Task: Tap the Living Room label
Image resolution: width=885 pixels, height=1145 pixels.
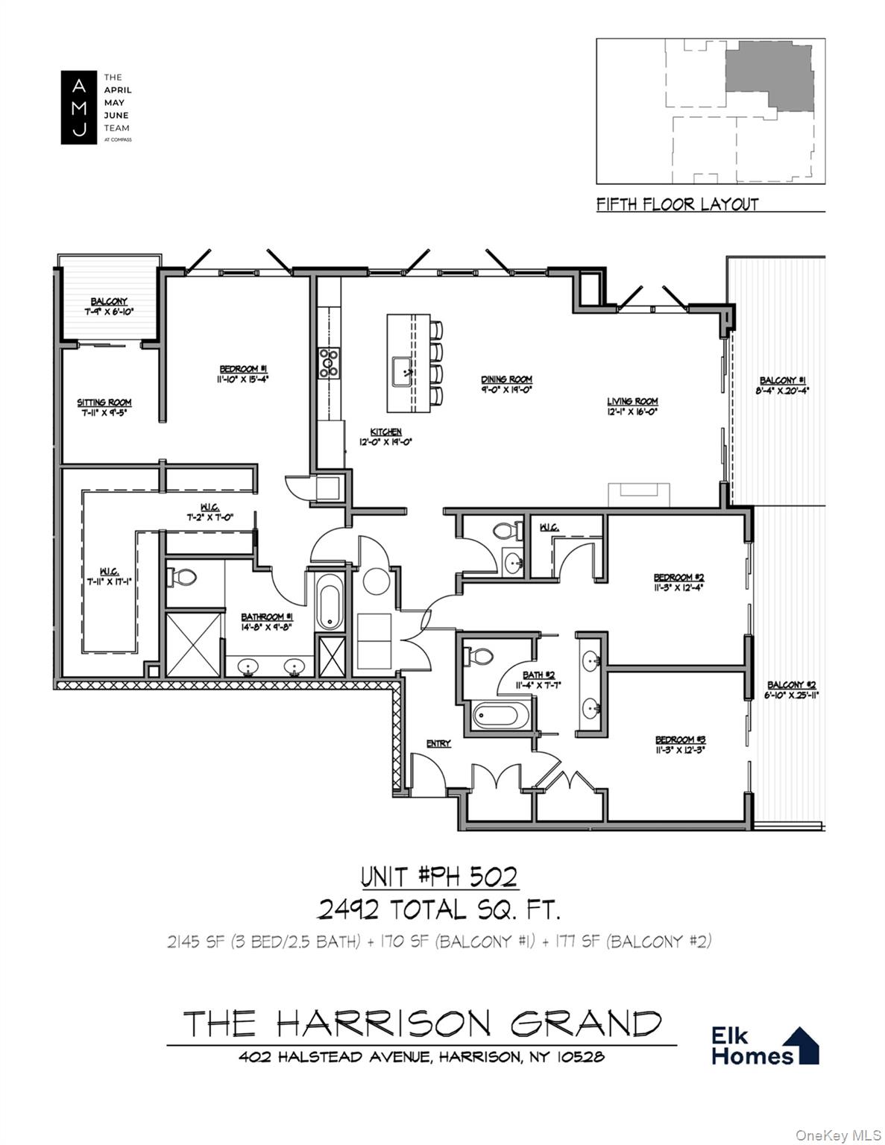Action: (x=632, y=402)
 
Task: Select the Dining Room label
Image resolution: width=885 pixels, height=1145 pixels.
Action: (x=506, y=380)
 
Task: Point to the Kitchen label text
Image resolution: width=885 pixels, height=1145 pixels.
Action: (x=386, y=432)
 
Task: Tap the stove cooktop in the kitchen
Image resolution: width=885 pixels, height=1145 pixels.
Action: (x=329, y=363)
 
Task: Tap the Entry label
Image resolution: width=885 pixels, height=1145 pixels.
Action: (x=438, y=743)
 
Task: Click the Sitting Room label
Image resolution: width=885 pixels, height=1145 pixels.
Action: (x=104, y=403)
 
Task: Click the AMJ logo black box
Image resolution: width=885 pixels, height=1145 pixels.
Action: (x=78, y=107)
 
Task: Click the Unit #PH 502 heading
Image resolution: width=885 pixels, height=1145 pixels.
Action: (x=438, y=877)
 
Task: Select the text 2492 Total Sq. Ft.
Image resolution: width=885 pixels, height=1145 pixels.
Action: (x=438, y=909)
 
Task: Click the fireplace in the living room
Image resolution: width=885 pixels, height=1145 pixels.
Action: (x=639, y=495)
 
